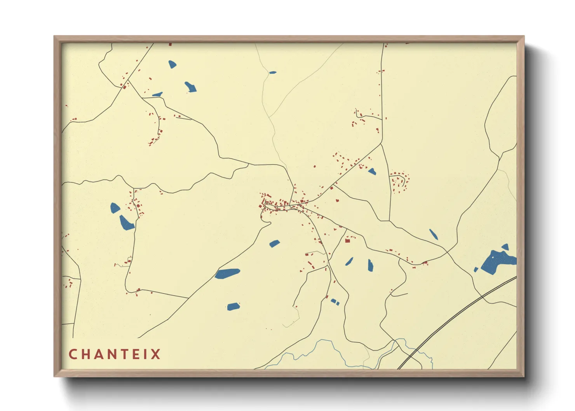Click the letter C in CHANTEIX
(x=73, y=354)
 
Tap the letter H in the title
(x=86, y=354)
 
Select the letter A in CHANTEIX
(x=99, y=354)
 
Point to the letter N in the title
(x=113, y=354)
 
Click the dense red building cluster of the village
(x=278, y=204)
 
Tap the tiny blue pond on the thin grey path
(x=273, y=72)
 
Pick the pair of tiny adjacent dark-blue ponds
(x=335, y=301)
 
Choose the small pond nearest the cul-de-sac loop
(x=372, y=171)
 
